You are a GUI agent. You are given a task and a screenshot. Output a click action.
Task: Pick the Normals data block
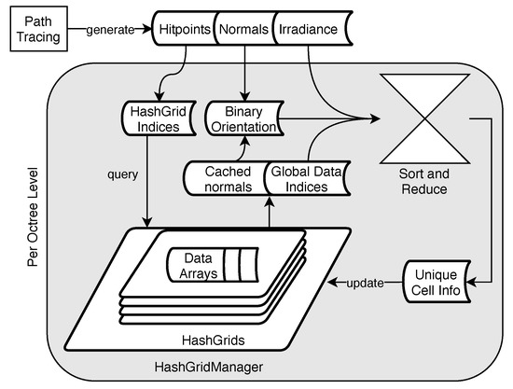(x=244, y=29)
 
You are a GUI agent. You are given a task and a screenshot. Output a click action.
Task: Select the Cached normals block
(x=222, y=179)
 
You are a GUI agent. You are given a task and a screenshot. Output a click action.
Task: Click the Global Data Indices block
(x=300, y=179)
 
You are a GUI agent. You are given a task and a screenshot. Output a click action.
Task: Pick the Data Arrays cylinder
(x=209, y=263)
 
